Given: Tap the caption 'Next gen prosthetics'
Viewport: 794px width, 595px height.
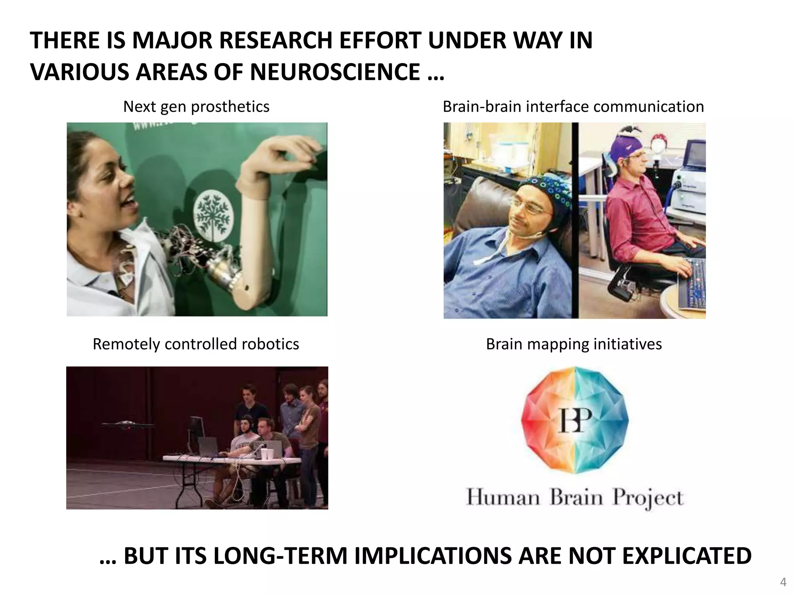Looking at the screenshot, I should coord(196,107).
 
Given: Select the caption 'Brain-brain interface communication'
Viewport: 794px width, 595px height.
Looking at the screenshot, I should coord(573,107).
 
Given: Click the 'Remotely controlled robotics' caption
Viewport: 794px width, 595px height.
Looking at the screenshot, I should coord(196,344).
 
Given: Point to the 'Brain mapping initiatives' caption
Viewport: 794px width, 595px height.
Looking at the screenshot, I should coord(574,344).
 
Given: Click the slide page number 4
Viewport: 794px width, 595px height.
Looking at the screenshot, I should coord(783,582).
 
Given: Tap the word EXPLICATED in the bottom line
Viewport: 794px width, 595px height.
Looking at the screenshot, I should coord(687,556).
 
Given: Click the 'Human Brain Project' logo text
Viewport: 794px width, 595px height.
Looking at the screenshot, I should coord(574,497).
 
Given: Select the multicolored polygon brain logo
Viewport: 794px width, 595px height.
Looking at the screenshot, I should coord(575,420).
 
